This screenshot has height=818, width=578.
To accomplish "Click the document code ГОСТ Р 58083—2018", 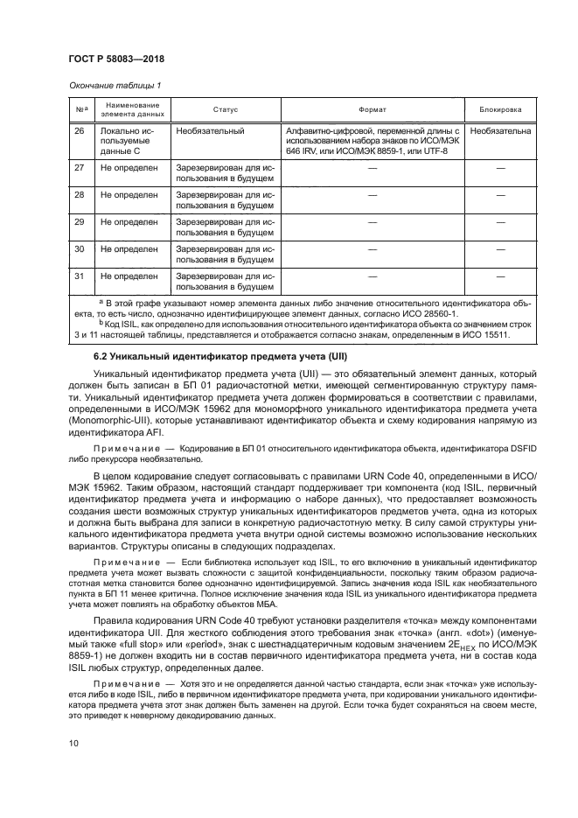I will (116, 59).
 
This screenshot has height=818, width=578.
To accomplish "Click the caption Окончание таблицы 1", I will (114, 86).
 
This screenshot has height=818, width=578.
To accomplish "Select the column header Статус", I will (225, 110).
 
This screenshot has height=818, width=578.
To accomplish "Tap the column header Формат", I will (373, 110).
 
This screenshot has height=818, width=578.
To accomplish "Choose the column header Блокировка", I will (501, 110).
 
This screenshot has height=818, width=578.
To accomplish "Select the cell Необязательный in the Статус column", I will (210, 130).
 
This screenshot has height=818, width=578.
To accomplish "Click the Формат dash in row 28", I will (373, 195).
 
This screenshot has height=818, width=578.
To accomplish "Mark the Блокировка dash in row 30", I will (501, 249).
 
